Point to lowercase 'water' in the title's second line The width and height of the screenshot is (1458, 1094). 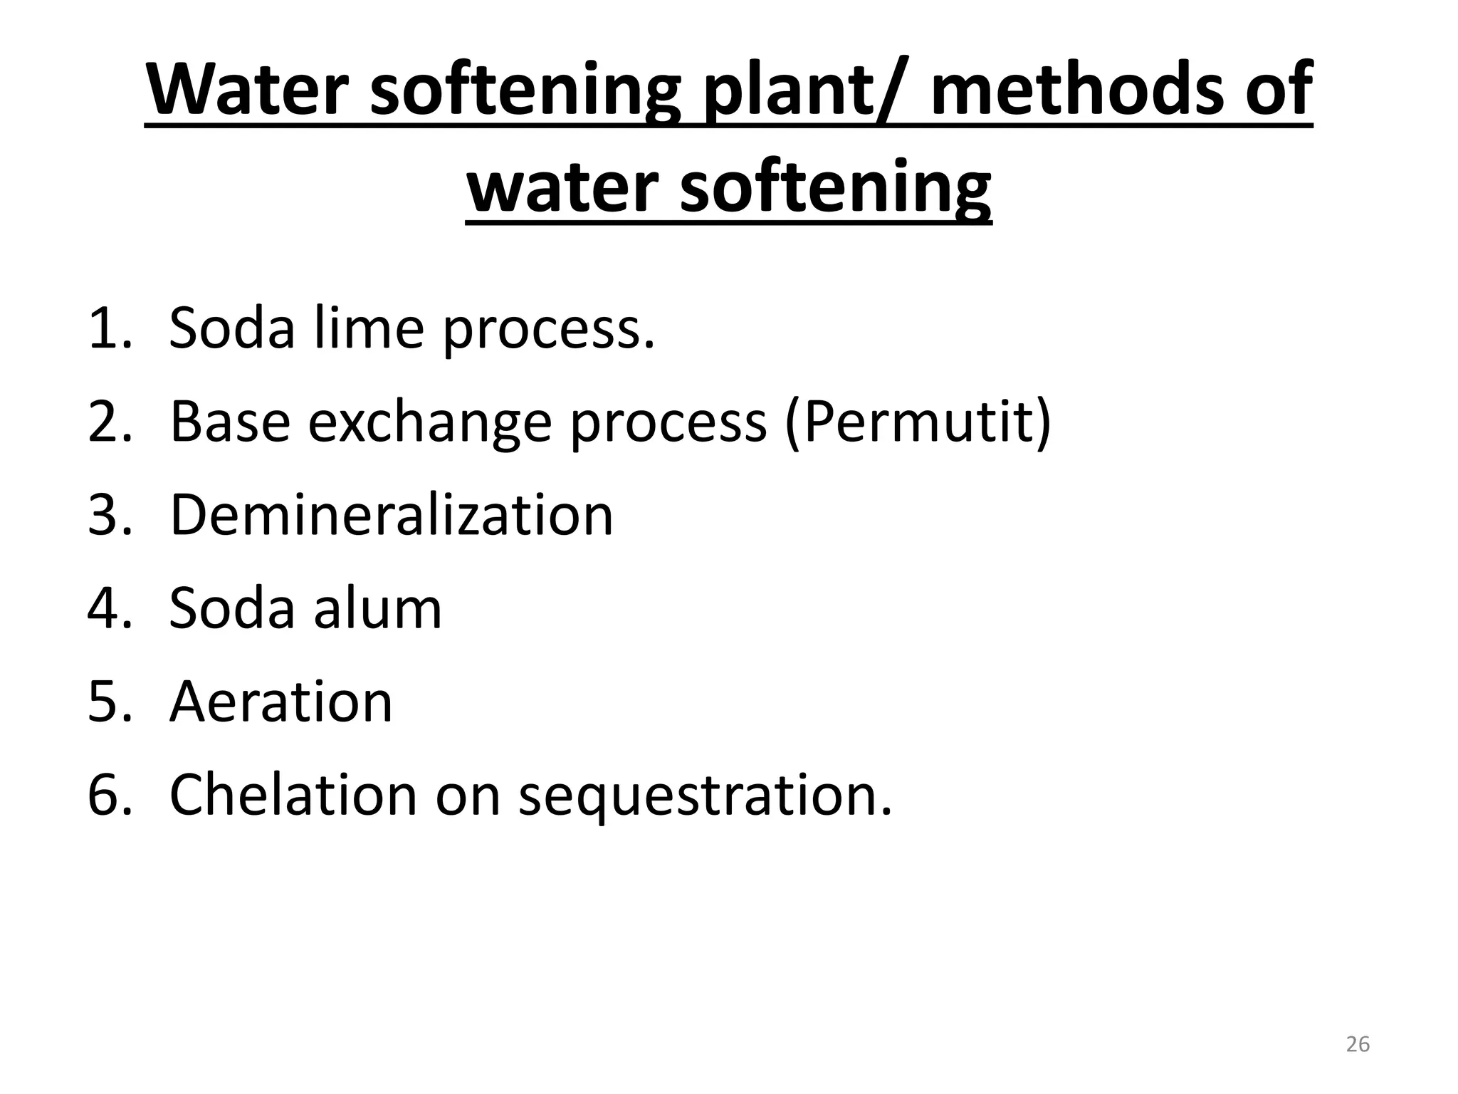tap(562, 187)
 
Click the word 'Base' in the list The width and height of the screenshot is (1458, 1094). tap(230, 422)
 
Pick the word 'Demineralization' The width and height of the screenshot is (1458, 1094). tap(392, 514)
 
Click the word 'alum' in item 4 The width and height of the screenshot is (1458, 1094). tap(377, 608)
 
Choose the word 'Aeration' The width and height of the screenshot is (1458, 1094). tap(281, 702)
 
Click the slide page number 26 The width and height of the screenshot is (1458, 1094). tap(1358, 1044)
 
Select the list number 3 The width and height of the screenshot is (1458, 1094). tap(107, 515)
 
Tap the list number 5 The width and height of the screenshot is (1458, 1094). tap(107, 702)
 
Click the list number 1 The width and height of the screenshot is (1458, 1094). tap(107, 328)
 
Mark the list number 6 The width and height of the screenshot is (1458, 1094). tap(107, 796)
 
